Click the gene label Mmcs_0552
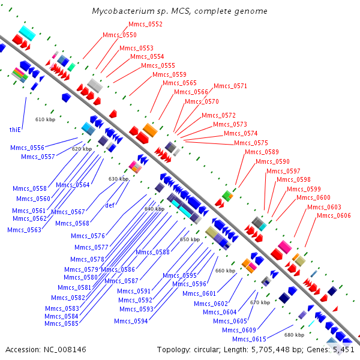[x=145, y=24]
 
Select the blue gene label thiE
[x=15, y=130]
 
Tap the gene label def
[x=110, y=205]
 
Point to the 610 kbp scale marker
[x=45, y=119]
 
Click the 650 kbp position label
[x=190, y=239]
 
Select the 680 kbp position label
[x=295, y=335]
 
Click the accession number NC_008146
[x=65, y=350]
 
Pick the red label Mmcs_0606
[x=334, y=215]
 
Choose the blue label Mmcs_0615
[x=249, y=339]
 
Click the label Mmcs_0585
[x=62, y=323]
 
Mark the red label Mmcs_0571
[x=230, y=86]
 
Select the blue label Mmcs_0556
[x=28, y=148]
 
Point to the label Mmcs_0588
[x=152, y=252]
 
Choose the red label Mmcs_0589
[x=262, y=152]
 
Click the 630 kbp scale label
[x=118, y=179]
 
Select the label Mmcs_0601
[x=199, y=293]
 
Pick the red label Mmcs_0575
[x=251, y=143]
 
